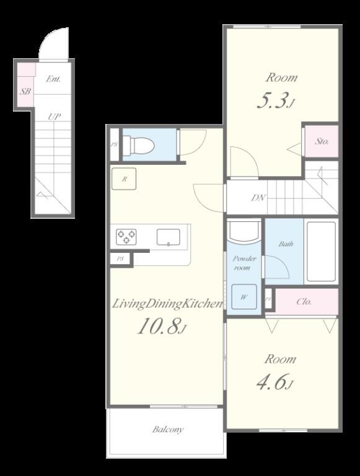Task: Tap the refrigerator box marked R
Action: (125, 180)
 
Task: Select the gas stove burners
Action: (126, 236)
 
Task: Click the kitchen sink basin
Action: (168, 237)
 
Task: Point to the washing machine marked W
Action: (244, 297)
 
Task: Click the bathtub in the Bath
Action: (321, 251)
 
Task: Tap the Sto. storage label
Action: (322, 141)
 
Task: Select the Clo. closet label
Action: (304, 302)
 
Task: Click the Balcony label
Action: (168, 430)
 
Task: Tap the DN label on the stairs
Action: (258, 198)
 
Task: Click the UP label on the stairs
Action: (55, 117)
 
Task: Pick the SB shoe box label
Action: (25, 92)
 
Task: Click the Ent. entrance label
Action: (54, 79)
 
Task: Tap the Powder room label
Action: (245, 263)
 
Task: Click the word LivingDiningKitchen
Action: (167, 304)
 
